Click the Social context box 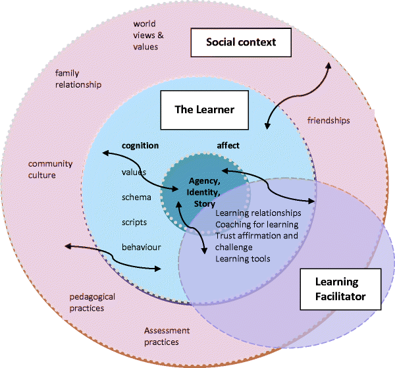click(240, 43)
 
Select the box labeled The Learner click(204, 109)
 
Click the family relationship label click(78, 79)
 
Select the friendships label click(329, 120)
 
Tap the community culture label click(50, 170)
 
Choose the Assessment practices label click(167, 336)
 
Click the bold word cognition click(140, 145)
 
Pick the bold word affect click(228, 145)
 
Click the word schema click(136, 197)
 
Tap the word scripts click(134, 222)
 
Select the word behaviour click(142, 247)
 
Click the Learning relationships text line click(258, 213)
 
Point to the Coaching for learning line click(256, 224)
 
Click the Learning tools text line click(242, 259)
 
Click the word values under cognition click(134, 172)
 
